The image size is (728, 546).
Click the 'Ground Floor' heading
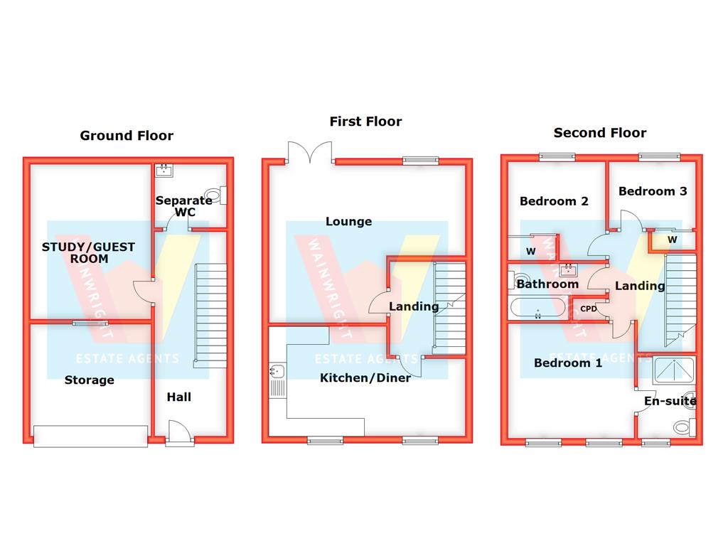click(x=126, y=135)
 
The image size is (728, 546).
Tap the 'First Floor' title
click(x=365, y=122)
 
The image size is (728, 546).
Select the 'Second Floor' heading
click(x=600, y=132)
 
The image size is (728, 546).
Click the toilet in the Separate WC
click(x=214, y=194)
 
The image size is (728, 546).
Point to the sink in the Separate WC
click(x=165, y=170)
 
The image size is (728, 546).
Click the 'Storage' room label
click(x=90, y=380)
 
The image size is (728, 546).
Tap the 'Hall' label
click(x=178, y=397)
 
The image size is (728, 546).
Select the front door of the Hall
click(x=178, y=433)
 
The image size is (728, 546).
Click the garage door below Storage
click(x=90, y=436)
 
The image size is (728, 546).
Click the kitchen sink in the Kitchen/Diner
click(x=276, y=370)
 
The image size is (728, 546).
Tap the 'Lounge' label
click(x=348, y=222)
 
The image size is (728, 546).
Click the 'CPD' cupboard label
click(x=589, y=309)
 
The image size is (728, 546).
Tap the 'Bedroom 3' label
click(x=653, y=191)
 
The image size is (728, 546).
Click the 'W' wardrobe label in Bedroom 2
click(x=530, y=251)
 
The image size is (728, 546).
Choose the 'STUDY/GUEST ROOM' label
click(x=88, y=253)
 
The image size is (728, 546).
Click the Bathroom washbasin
click(x=567, y=270)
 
